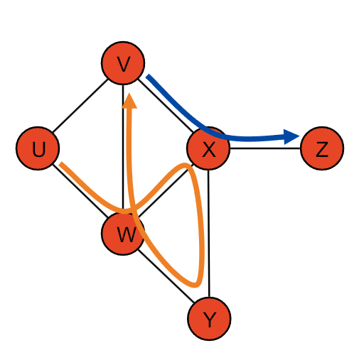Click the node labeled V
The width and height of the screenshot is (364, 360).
click(x=123, y=63)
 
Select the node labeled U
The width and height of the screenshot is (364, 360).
click(x=38, y=148)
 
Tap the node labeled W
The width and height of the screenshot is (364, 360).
click(x=123, y=234)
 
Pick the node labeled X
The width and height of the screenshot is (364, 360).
click(x=208, y=148)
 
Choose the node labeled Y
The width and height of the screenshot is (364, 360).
click(x=209, y=319)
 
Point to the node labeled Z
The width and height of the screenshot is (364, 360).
click(x=322, y=148)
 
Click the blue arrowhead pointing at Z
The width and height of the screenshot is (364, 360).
click(x=291, y=136)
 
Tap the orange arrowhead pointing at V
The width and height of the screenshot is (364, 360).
click(x=129, y=101)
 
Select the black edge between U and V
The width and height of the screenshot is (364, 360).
click(x=80, y=106)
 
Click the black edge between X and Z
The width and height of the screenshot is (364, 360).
click(x=265, y=148)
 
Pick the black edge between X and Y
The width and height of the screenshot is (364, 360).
click(x=209, y=234)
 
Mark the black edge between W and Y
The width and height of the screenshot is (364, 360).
click(x=166, y=276)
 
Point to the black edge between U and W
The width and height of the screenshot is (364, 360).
click(x=80, y=191)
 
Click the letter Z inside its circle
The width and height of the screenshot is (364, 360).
click(x=322, y=149)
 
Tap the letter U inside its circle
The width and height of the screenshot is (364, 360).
click(x=38, y=149)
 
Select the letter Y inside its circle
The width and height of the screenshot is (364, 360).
click(x=210, y=320)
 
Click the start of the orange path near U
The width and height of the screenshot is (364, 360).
click(x=60, y=164)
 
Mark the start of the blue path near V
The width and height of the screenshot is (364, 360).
click(x=148, y=76)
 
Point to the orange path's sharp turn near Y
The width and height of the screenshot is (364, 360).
click(x=196, y=285)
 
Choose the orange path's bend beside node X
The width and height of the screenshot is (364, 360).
click(x=186, y=165)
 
